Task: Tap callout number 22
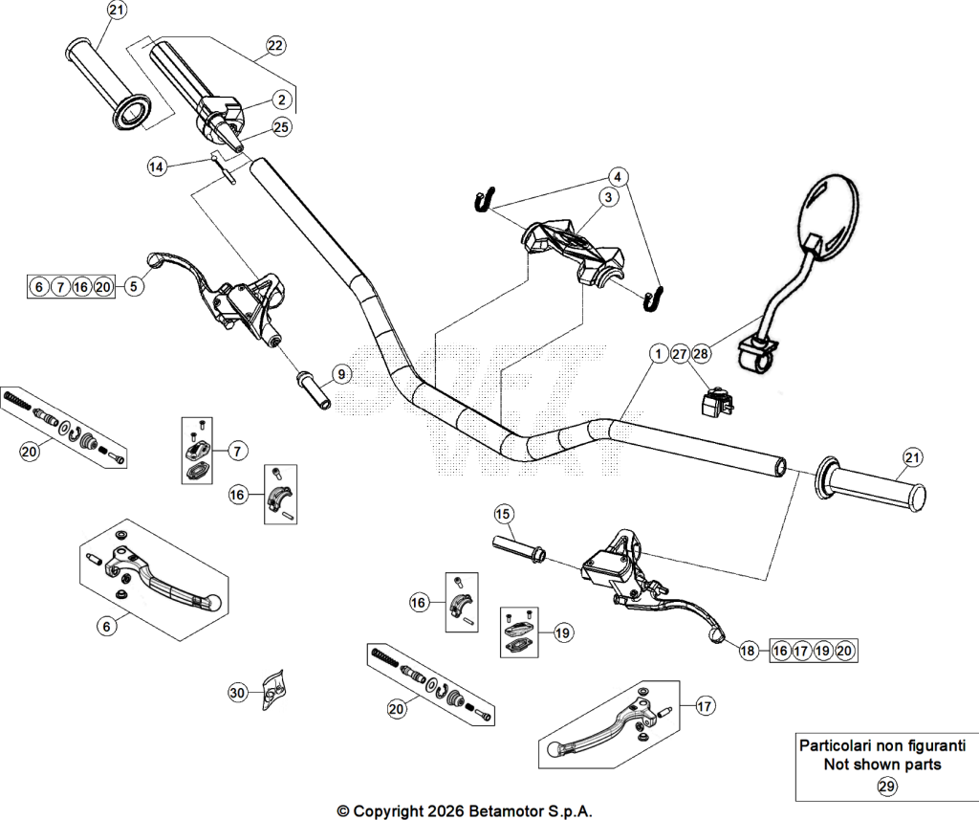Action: (x=275, y=46)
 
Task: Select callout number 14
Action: (x=157, y=166)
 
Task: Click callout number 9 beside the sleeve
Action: (x=341, y=374)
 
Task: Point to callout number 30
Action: (x=237, y=693)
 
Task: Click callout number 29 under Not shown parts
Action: (x=886, y=787)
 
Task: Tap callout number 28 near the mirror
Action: (x=701, y=354)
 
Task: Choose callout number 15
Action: (x=503, y=515)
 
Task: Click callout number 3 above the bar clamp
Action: (x=608, y=197)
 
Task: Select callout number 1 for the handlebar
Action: (x=658, y=354)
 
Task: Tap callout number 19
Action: (x=562, y=633)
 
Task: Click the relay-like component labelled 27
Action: (x=715, y=401)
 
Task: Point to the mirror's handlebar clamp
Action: (x=755, y=353)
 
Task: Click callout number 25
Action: (x=282, y=127)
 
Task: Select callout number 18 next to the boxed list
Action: (x=748, y=651)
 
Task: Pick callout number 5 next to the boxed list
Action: (x=134, y=286)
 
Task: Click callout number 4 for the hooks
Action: (x=618, y=177)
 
